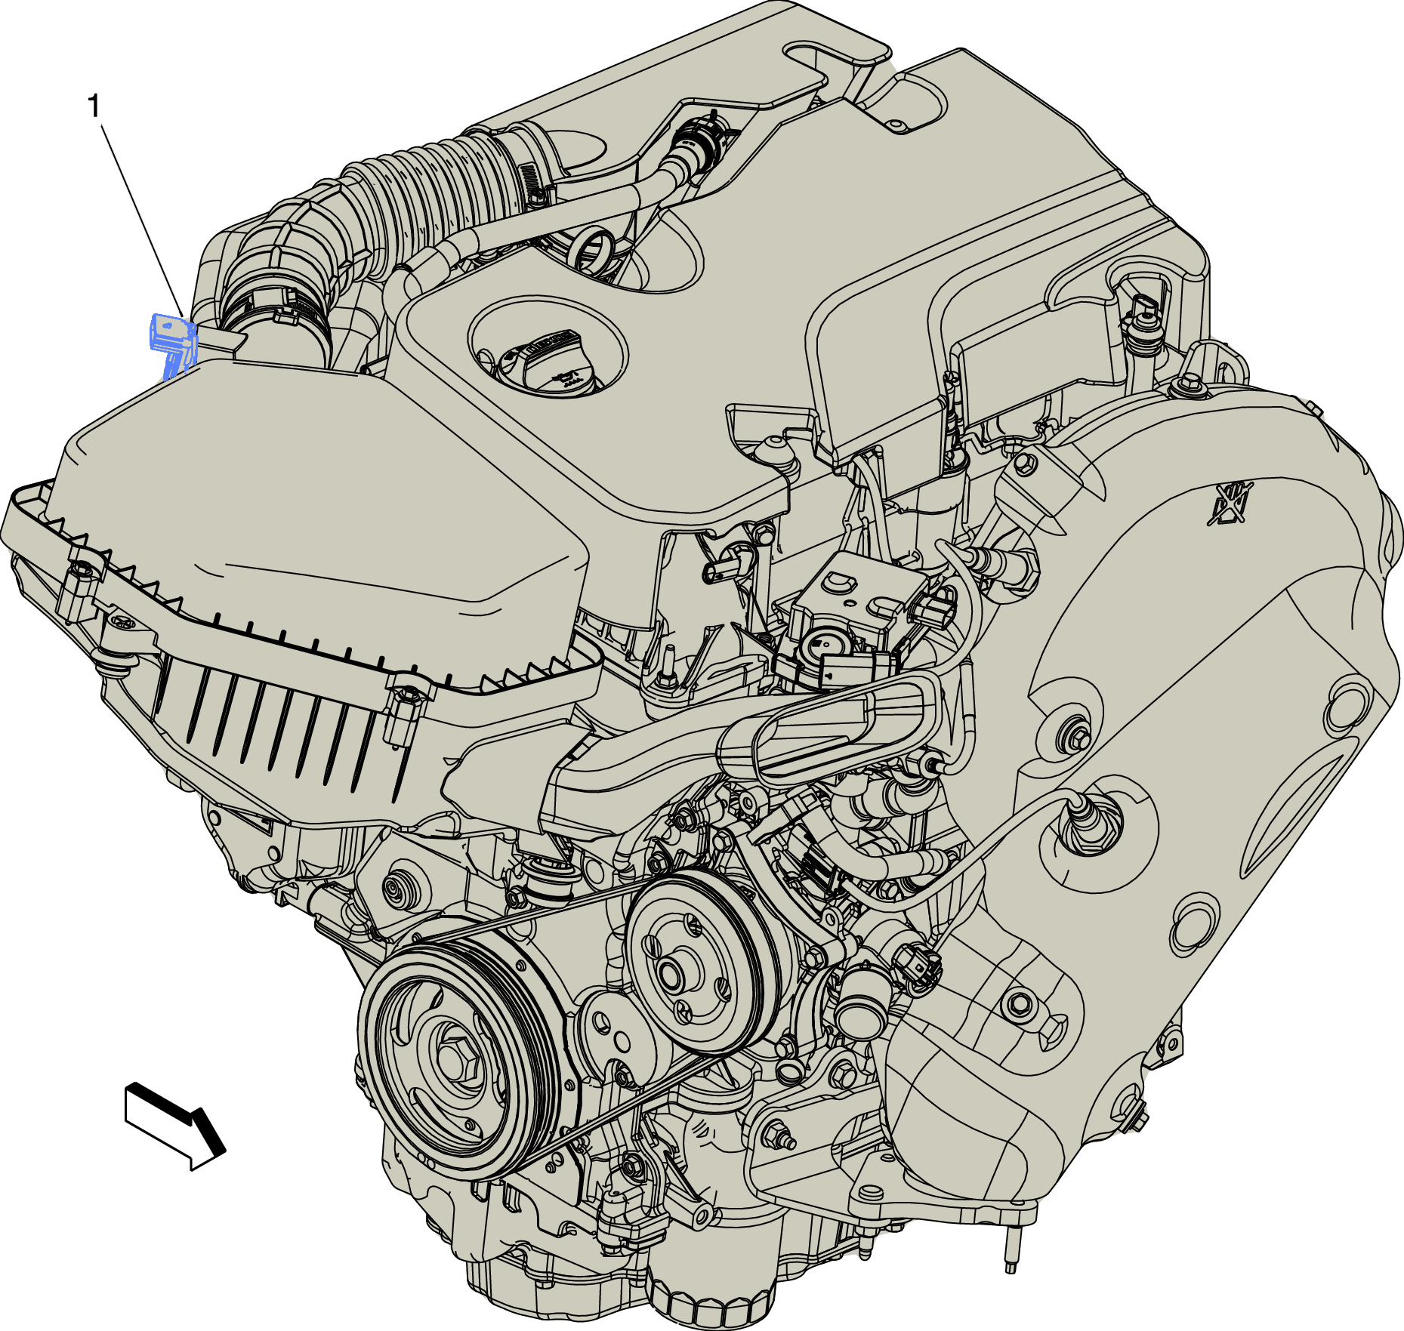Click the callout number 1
[x=94, y=106]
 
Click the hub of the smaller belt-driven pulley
[x=671, y=972]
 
